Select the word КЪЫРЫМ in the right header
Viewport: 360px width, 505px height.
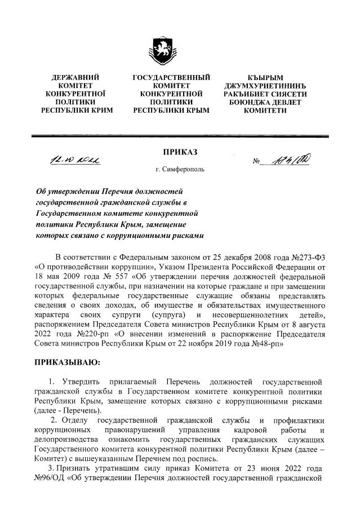tap(265, 76)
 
